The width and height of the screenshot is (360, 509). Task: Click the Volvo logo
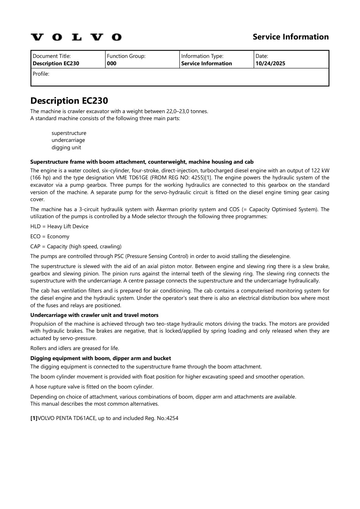click(76, 37)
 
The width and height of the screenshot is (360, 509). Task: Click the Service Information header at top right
click(290, 37)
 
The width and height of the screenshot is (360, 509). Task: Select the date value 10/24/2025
click(270, 64)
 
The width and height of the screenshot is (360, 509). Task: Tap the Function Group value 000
click(112, 64)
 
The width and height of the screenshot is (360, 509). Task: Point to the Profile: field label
click(41, 74)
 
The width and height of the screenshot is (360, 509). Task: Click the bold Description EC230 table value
click(56, 64)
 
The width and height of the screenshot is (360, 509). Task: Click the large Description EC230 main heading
click(69, 101)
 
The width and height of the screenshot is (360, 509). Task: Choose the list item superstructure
click(69, 133)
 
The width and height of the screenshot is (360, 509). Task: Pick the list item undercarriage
click(68, 140)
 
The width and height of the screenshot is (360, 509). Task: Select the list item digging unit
click(66, 148)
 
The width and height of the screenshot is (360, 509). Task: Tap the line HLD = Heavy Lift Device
click(59, 227)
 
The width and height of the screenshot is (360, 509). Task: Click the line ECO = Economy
click(50, 237)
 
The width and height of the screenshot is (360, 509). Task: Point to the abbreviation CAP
click(35, 247)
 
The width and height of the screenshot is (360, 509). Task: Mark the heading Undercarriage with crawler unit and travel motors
click(94, 315)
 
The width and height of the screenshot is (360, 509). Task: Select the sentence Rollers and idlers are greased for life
click(74, 348)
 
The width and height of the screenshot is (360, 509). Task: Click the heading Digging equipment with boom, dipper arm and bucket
click(100, 358)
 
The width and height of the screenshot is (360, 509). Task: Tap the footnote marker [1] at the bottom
click(34, 418)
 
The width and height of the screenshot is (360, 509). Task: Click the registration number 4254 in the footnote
click(172, 418)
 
